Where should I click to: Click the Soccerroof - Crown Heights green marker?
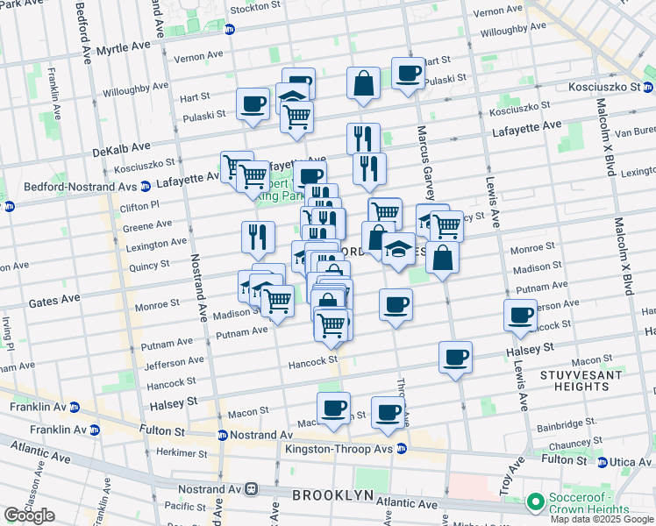(x=535, y=503)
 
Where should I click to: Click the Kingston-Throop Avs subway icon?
(x=402, y=449)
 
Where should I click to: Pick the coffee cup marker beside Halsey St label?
(x=455, y=357)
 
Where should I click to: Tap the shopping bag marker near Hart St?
(x=363, y=83)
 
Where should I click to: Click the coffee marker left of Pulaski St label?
(x=253, y=103)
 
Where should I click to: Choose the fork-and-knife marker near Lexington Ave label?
(x=258, y=236)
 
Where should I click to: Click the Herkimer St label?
(x=182, y=453)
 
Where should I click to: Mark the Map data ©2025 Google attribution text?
(x=601, y=519)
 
